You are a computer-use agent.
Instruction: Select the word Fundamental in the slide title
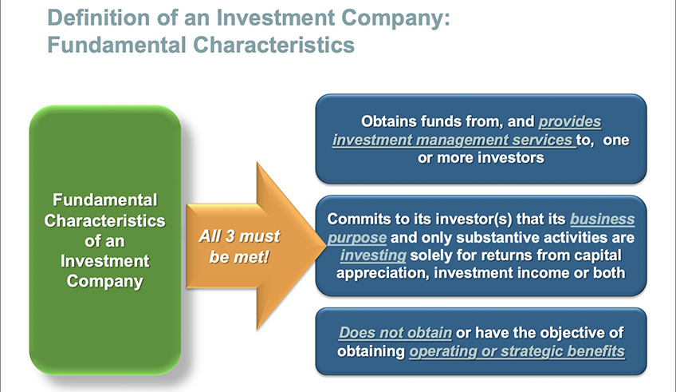click(116, 45)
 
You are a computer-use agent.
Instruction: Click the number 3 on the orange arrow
click(230, 236)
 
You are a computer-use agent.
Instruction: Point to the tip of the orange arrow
click(326, 246)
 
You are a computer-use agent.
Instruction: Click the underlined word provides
click(569, 122)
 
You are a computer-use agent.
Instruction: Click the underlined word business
click(603, 220)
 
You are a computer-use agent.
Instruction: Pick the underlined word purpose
click(357, 238)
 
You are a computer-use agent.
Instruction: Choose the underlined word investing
click(373, 255)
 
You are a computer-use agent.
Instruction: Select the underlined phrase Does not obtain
click(395, 333)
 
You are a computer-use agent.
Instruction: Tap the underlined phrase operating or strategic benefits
click(517, 352)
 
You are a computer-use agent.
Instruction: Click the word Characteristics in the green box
click(104, 220)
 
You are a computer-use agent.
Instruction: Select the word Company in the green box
click(104, 282)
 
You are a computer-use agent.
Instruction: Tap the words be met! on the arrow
click(239, 257)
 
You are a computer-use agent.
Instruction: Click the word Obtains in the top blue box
click(389, 121)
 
